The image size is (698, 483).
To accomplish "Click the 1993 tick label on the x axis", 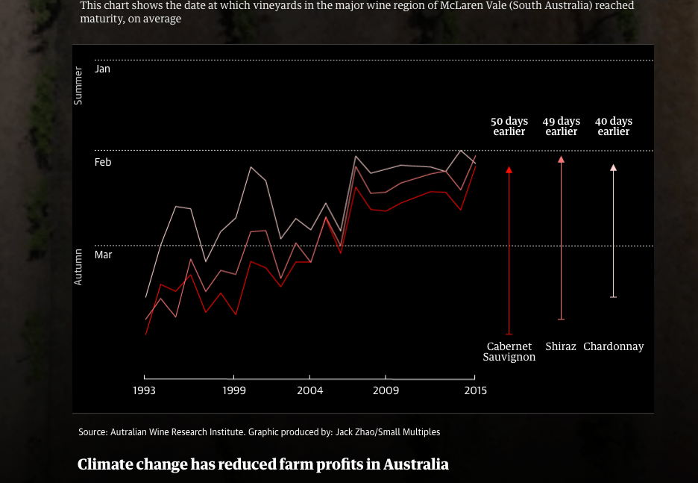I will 144,390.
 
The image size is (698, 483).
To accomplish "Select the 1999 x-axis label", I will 234,390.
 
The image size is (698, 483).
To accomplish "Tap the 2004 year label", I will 310,390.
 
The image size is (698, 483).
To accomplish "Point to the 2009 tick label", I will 386,390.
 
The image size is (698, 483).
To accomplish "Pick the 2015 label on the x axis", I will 475,390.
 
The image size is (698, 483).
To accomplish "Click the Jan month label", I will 102,69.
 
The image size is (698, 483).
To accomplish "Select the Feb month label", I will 103,162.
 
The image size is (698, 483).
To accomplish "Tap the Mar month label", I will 103,255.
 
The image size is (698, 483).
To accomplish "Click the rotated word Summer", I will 78,85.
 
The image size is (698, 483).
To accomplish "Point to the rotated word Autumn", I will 78,267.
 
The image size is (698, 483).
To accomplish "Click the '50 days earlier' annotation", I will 509,126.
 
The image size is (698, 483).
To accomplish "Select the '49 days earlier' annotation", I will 562,126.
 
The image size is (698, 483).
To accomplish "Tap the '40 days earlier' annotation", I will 614,126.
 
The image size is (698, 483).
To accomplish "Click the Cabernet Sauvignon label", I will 509,352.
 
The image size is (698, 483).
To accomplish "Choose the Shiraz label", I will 561,346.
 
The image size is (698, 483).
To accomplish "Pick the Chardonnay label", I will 614,346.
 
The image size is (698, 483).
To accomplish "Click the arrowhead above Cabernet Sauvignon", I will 509,170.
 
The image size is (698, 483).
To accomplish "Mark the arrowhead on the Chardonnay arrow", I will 614,168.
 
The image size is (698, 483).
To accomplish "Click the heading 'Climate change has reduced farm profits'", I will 263,464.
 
